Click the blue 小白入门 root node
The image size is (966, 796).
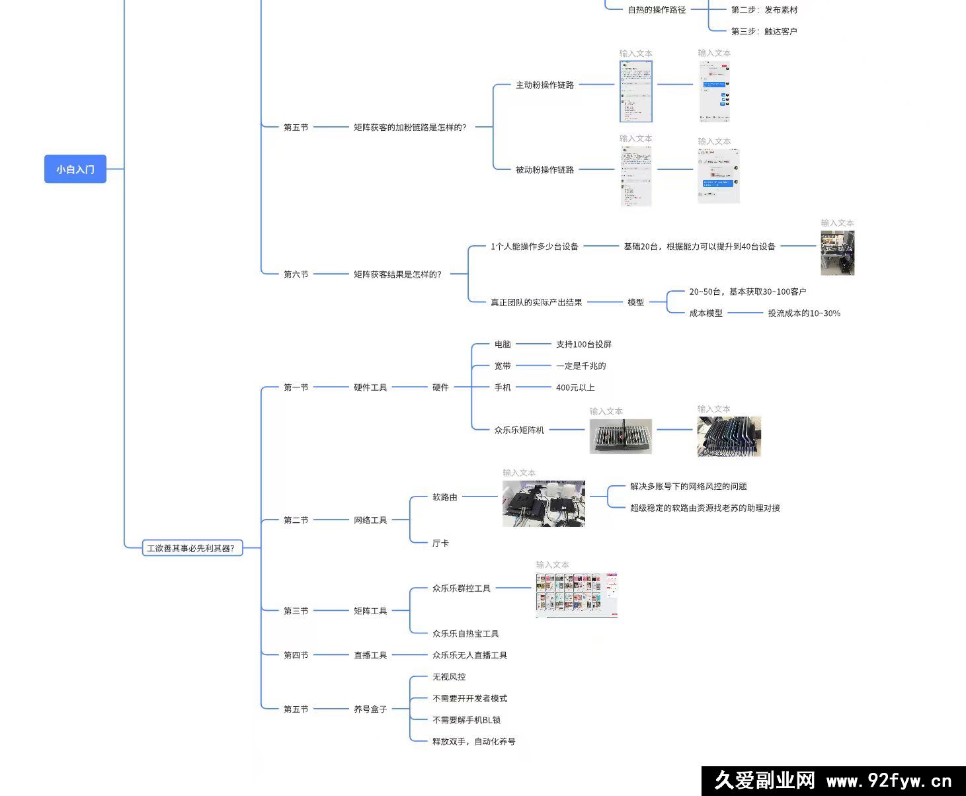pyautogui.click(x=75, y=169)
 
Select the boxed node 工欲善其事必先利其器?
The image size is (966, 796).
pyautogui.click(x=191, y=548)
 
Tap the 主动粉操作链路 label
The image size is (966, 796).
pyautogui.click(x=545, y=85)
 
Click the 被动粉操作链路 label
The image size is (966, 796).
pyautogui.click(x=545, y=169)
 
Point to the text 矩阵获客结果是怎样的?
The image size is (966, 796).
pyautogui.click(x=397, y=274)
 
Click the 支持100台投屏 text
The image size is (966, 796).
pyautogui.click(x=584, y=344)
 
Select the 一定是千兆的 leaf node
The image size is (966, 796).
pyautogui.click(x=581, y=366)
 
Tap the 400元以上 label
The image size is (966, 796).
pyautogui.click(x=575, y=387)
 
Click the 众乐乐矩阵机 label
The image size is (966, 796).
pyautogui.click(x=519, y=430)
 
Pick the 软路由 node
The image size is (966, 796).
pyautogui.click(x=445, y=497)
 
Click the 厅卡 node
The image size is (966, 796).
pyautogui.click(x=440, y=543)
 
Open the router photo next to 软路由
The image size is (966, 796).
pyautogui.click(x=543, y=504)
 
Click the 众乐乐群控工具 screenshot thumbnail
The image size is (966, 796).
pyautogui.click(x=576, y=594)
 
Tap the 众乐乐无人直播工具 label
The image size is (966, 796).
pyautogui.click(x=469, y=655)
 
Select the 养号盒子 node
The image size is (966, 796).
pyautogui.click(x=370, y=709)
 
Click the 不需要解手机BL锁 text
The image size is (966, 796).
pyautogui.click(x=466, y=720)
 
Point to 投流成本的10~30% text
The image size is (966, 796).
pyautogui.click(x=804, y=313)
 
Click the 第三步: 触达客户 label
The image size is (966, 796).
pyautogui.click(x=764, y=31)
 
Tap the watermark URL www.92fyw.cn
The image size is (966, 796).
pyautogui.click(x=889, y=781)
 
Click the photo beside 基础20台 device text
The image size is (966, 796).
pyautogui.click(x=837, y=253)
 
